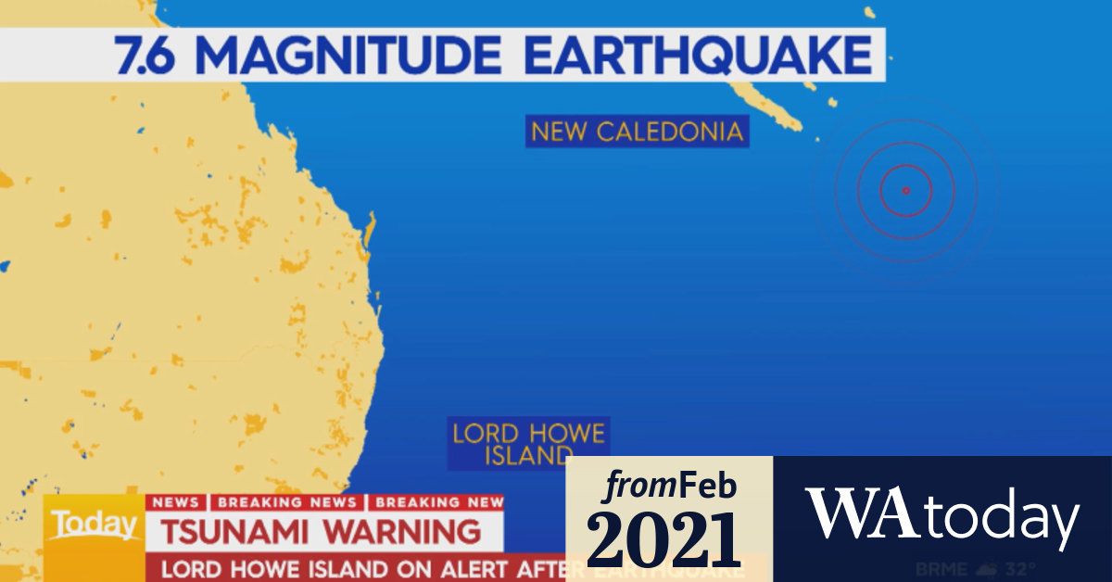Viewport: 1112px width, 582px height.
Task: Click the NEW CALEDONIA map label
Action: [x=638, y=132]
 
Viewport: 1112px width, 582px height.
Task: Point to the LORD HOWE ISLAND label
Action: [x=528, y=444]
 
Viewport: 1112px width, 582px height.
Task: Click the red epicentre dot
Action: [x=905, y=191]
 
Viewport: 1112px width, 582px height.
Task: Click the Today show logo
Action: [x=93, y=525]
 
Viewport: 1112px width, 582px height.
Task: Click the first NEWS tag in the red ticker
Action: [x=175, y=502]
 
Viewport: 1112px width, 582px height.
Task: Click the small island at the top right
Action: [x=869, y=12]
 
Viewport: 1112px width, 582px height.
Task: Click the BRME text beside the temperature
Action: [x=941, y=568]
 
